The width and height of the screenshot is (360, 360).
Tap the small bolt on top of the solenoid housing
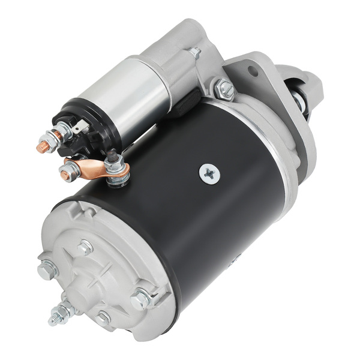[x=195, y=53]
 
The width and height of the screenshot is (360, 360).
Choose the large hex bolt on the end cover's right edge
[x=142, y=296]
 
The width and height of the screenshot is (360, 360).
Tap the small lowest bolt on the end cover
[x=104, y=317]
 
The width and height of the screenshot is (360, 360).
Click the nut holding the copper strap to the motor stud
[x=113, y=164]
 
